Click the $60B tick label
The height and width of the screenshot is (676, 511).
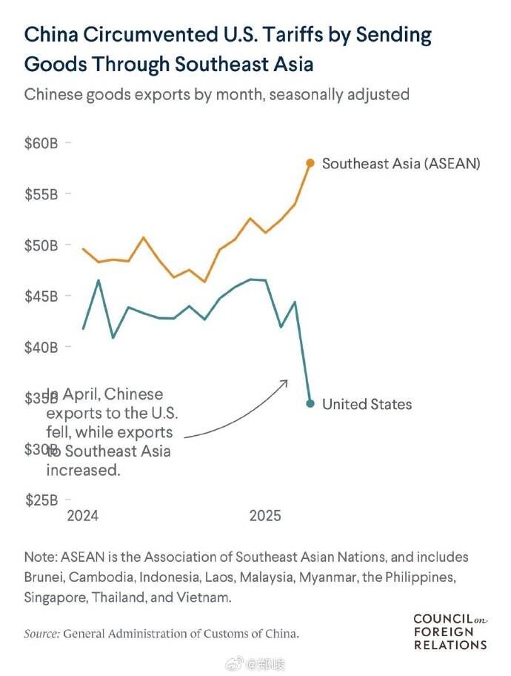coord(41,143)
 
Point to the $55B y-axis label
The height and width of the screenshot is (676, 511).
coord(41,194)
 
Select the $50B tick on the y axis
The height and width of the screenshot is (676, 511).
coord(41,245)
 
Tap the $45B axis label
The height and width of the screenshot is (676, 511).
coord(41,296)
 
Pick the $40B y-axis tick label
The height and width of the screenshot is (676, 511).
coord(41,347)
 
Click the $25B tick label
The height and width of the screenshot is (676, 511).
coord(41,500)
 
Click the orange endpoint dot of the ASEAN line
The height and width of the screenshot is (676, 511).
coord(310,163)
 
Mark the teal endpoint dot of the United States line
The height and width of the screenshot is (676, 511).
coord(310,404)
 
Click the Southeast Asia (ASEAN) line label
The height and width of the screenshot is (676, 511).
coord(401,163)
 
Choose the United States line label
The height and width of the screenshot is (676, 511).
coord(367,404)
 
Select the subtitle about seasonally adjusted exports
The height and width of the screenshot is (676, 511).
coord(217,95)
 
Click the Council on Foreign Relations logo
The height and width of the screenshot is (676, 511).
coord(450,631)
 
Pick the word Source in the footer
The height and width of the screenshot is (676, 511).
coord(41,634)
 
